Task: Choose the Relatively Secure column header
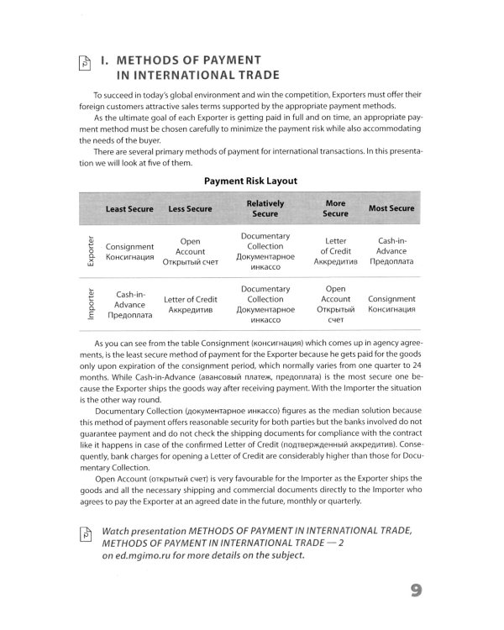click(265, 208)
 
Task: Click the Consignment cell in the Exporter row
click(130, 252)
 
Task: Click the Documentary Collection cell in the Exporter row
click(265, 251)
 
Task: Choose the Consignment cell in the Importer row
click(391, 304)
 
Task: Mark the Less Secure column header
click(190, 208)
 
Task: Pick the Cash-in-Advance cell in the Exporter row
click(391, 251)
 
